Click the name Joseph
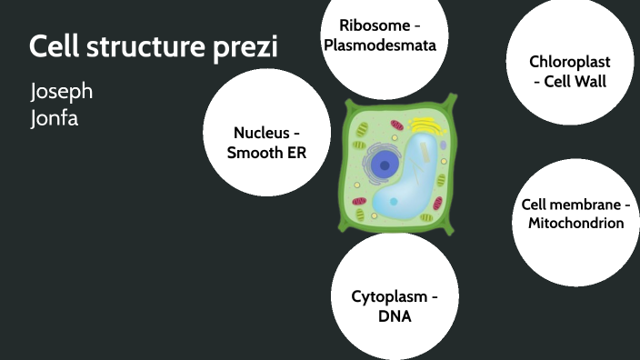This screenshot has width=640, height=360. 62,92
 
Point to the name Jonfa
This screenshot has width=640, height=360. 55,117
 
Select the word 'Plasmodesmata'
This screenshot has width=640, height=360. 381,45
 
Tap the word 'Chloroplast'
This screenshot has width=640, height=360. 569,62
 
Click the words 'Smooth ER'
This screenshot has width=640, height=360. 266,153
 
